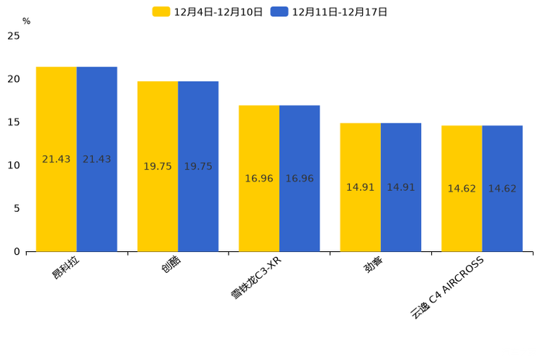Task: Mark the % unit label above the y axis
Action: [x=26, y=21]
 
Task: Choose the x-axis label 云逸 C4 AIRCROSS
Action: [x=447, y=287]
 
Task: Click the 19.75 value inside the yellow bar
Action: [x=157, y=166]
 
